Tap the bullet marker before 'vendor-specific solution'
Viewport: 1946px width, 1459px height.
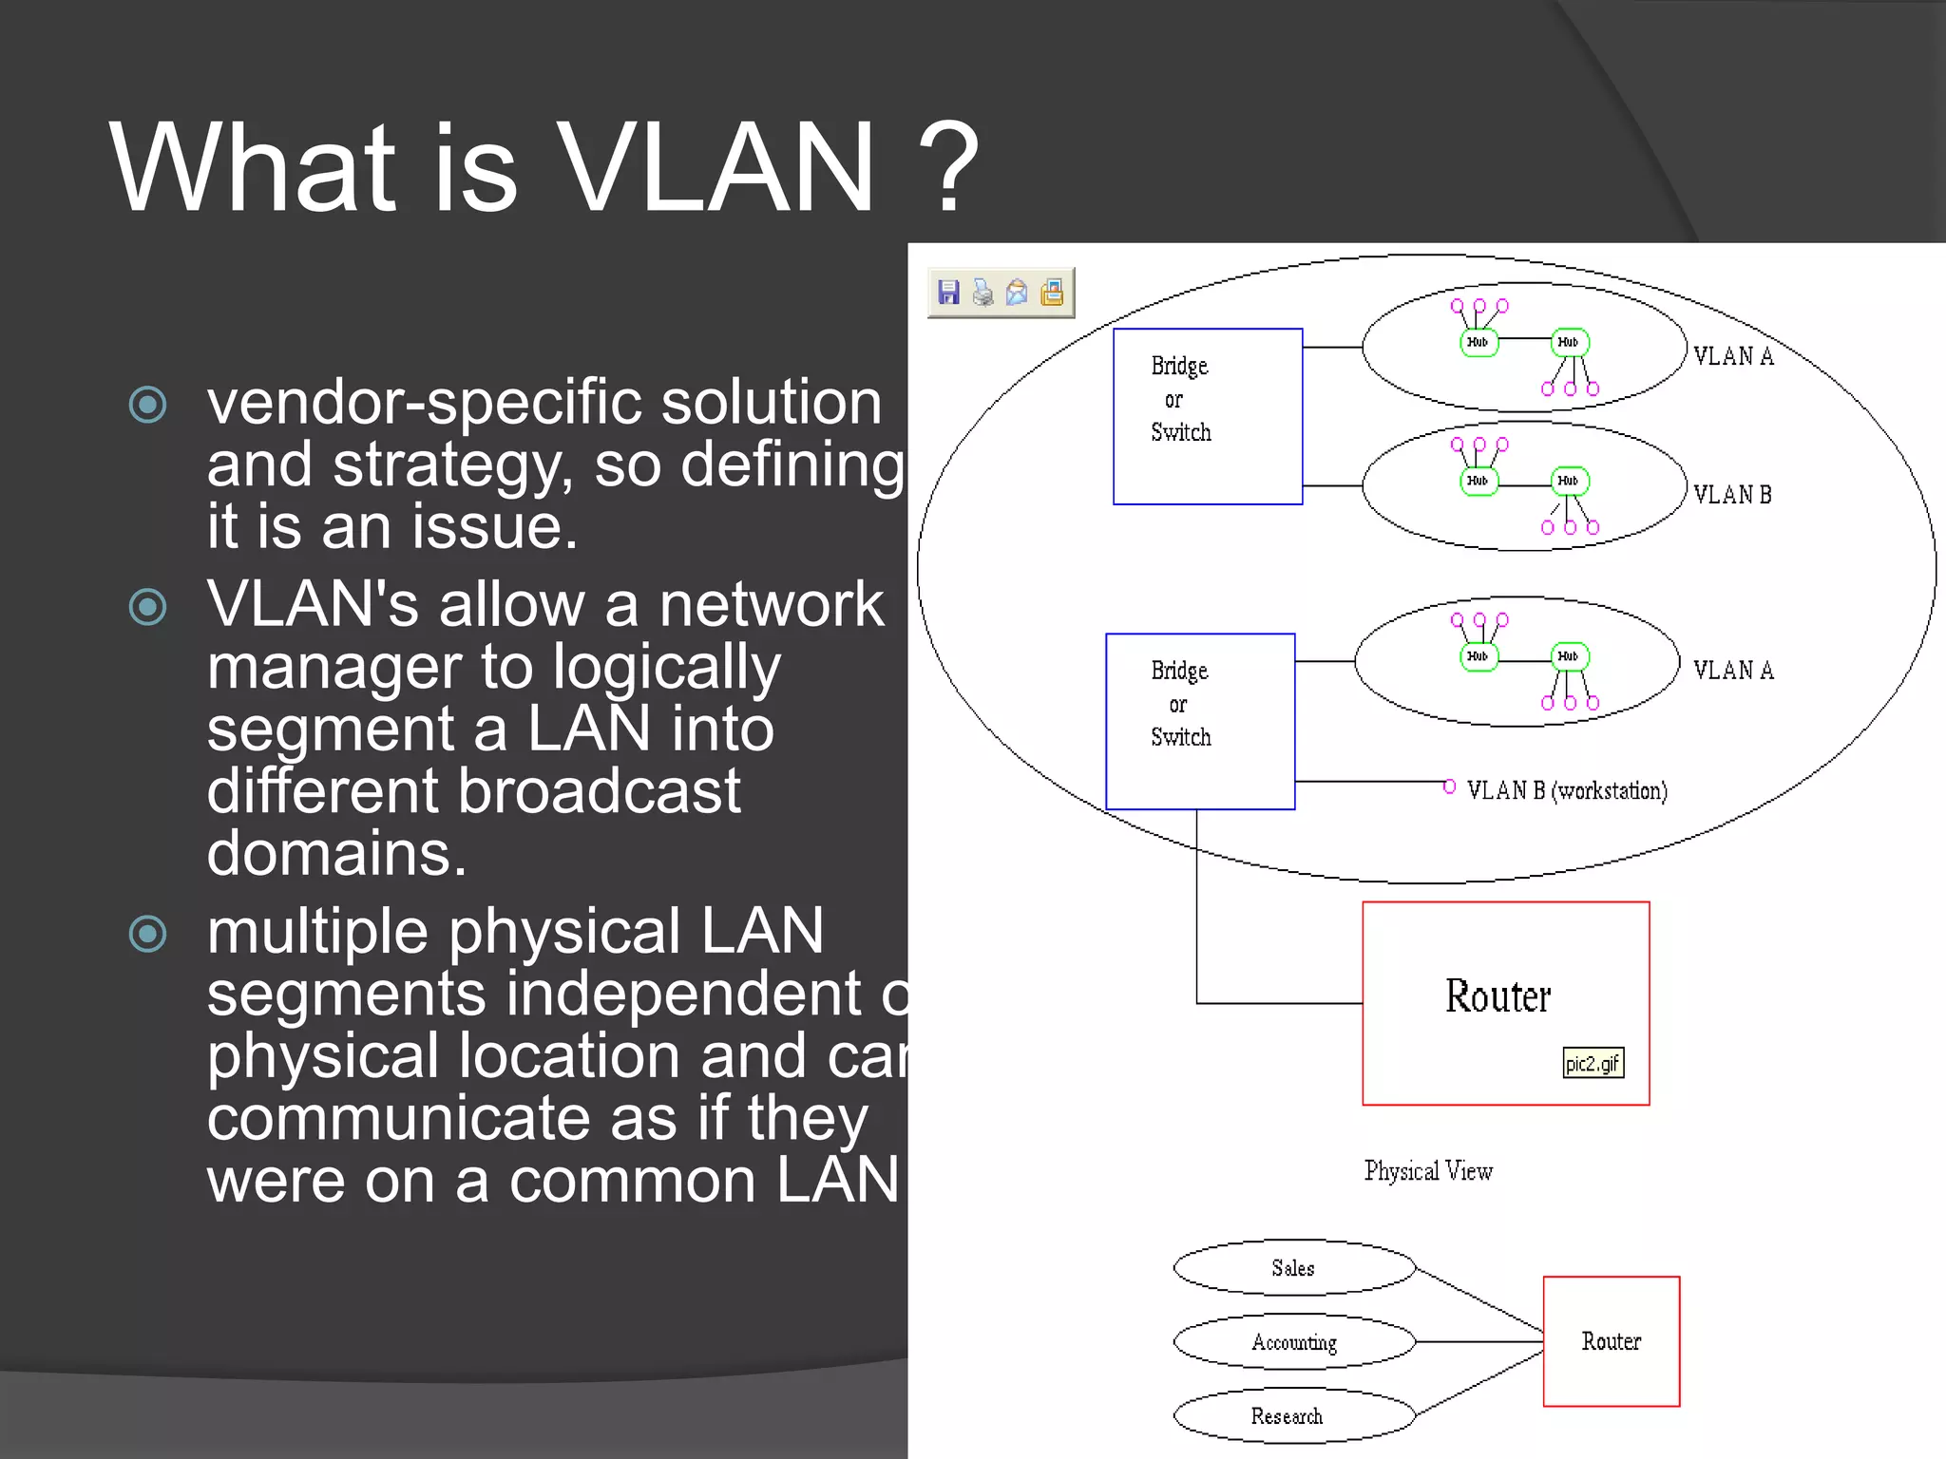(148, 405)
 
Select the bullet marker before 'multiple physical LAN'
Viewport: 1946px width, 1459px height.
(148, 933)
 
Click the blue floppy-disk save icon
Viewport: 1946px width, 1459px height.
(948, 293)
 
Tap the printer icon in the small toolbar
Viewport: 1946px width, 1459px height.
(983, 293)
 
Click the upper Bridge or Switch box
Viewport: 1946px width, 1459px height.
(1207, 416)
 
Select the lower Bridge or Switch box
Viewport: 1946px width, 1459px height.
(1200, 721)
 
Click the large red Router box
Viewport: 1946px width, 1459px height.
(1504, 1002)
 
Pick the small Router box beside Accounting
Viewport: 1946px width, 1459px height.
(1611, 1340)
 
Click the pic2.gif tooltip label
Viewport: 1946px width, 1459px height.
(1593, 1063)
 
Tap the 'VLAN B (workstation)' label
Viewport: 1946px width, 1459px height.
(1566, 790)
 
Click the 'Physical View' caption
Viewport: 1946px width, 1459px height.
(1427, 1170)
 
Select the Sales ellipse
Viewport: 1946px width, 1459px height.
(1293, 1267)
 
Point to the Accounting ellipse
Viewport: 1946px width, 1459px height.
(1293, 1341)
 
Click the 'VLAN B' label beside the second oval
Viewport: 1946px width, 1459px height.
(1731, 495)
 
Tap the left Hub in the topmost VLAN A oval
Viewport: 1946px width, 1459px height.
(1479, 342)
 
